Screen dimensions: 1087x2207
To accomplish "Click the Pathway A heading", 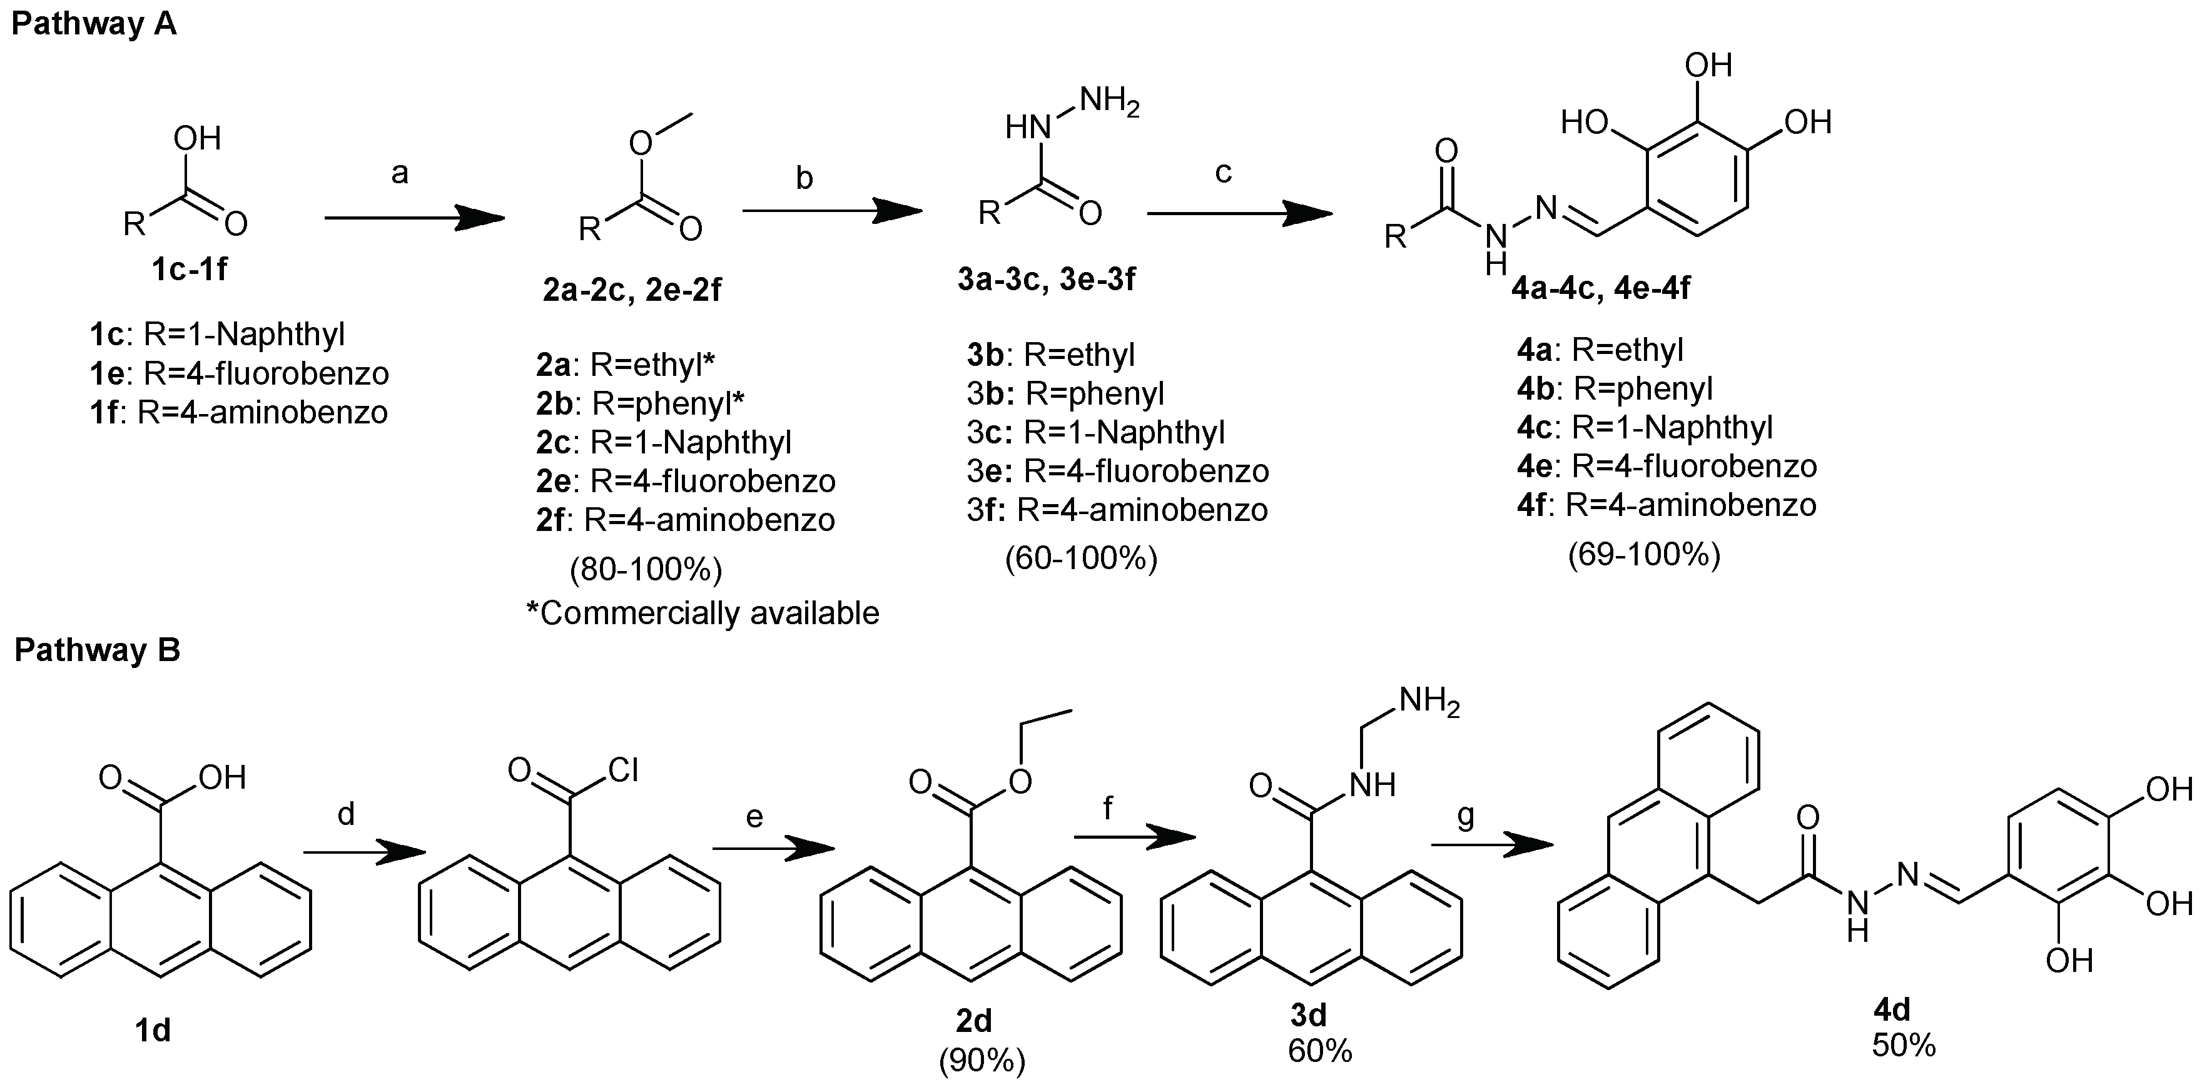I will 94,23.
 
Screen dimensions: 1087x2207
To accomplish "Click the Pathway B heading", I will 98,650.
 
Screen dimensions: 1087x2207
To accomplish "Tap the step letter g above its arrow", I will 1466,816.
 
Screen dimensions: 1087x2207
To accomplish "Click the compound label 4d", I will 1892,1010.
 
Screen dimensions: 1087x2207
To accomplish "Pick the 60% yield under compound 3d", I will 1319,1050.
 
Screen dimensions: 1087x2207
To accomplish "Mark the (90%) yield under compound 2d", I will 982,1061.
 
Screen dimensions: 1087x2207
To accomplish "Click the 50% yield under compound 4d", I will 1904,1045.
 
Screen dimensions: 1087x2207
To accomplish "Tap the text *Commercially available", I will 703,614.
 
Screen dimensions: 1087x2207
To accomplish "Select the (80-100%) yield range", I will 646,569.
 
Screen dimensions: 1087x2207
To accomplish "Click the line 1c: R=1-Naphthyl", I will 218,334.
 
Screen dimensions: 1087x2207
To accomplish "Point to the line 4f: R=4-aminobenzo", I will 1667,505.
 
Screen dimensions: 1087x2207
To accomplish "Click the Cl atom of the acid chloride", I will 623,771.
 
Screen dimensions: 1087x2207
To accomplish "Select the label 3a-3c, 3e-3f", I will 1046,279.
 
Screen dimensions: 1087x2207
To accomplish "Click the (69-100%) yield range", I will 1644,555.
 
